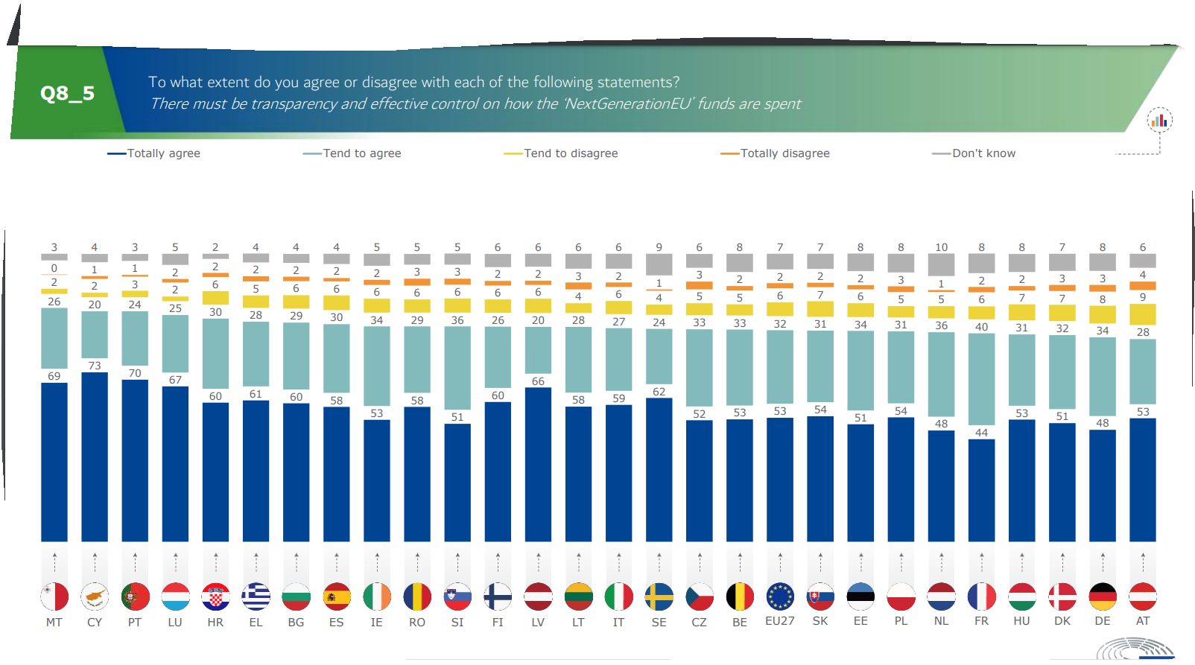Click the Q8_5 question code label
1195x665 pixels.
click(67, 94)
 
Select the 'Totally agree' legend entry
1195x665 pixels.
click(163, 153)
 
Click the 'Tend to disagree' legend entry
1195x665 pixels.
click(570, 153)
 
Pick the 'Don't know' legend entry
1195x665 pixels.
click(983, 153)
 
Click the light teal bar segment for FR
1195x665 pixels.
click(981, 379)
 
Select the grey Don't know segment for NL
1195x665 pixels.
click(941, 264)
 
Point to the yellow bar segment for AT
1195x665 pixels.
click(1142, 314)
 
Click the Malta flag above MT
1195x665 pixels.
click(54, 596)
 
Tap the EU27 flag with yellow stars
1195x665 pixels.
click(780, 596)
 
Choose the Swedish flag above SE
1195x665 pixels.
click(659, 596)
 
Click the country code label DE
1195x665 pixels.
click(1102, 622)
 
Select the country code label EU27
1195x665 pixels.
click(780, 621)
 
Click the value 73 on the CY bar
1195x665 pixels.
click(95, 366)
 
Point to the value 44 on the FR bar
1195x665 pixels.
click(981, 433)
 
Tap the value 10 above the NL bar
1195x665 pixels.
click(941, 247)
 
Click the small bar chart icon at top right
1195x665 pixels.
click(1158, 121)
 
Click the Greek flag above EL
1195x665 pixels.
click(256, 596)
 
